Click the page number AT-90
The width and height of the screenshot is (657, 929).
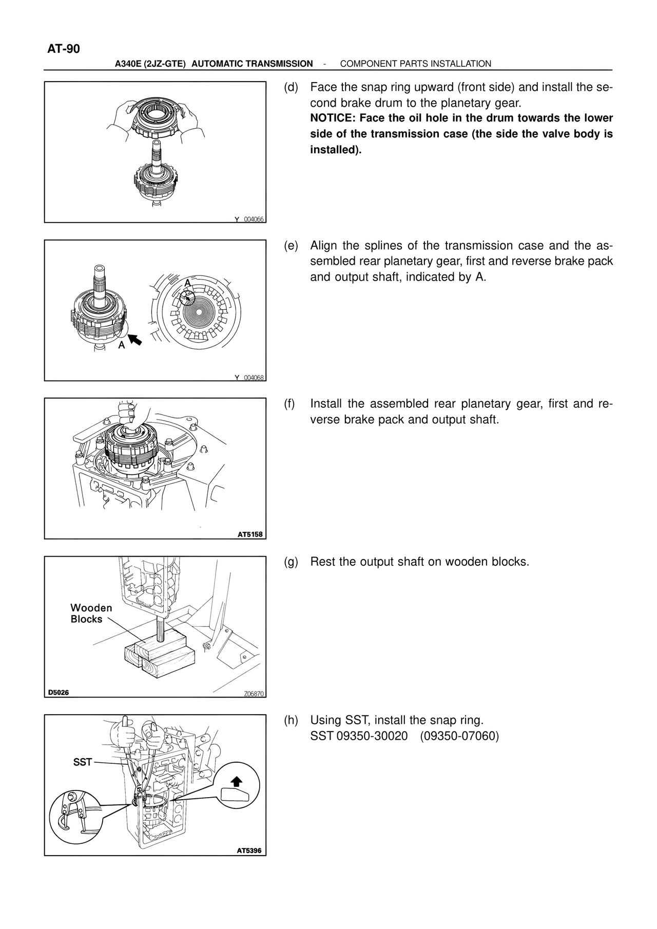(64, 49)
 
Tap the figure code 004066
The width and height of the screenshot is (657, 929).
(254, 219)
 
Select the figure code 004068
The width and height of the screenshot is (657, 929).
(254, 378)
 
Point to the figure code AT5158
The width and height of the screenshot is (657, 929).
(250, 535)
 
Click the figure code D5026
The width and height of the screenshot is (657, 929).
(59, 693)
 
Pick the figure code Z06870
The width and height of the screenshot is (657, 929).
(254, 694)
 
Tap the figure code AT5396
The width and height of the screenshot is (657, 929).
(249, 851)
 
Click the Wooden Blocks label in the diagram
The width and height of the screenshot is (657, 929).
(91, 614)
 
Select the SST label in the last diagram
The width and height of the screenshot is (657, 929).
(82, 762)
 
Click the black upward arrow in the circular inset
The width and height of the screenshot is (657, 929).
(236, 781)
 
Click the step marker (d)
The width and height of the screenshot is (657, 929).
(291, 87)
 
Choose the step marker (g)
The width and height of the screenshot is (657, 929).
(291, 562)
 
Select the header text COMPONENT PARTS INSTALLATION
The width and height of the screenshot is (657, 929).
(416, 64)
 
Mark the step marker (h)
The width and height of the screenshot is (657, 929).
(291, 720)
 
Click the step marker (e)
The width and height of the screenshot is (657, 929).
(291, 246)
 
